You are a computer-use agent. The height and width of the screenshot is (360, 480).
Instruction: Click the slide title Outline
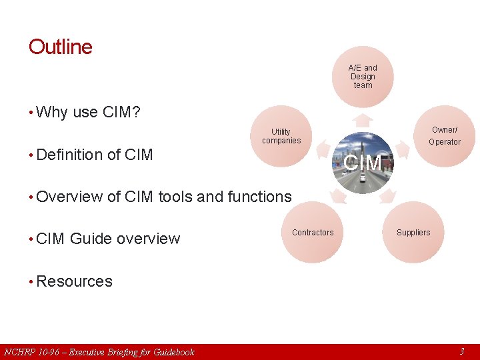[x=61, y=47]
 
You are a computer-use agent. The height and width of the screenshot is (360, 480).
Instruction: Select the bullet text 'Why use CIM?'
[x=88, y=112]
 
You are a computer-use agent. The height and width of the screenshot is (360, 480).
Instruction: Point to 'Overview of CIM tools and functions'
[x=164, y=197]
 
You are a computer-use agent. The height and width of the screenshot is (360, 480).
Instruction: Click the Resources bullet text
[x=74, y=281]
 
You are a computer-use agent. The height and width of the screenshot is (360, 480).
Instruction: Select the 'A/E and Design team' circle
[x=363, y=77]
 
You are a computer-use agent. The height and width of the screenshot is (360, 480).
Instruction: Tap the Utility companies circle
[x=281, y=137]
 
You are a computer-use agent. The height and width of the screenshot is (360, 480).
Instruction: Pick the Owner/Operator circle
[x=444, y=137]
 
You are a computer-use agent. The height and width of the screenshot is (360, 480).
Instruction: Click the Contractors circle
[x=313, y=233]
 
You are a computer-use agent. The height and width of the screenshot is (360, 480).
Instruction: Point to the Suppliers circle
[x=413, y=233]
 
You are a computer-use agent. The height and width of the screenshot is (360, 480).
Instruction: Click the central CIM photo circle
[x=363, y=163]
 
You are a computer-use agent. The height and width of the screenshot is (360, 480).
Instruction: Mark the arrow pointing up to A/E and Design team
[x=362, y=120]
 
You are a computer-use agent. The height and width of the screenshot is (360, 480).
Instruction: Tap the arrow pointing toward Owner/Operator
[x=403, y=146]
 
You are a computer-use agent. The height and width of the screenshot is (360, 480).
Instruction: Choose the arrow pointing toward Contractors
[x=339, y=195]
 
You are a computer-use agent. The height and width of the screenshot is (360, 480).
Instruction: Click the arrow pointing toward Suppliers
[x=387, y=195]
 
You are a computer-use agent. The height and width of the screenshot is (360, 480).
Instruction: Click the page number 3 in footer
[x=461, y=351]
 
